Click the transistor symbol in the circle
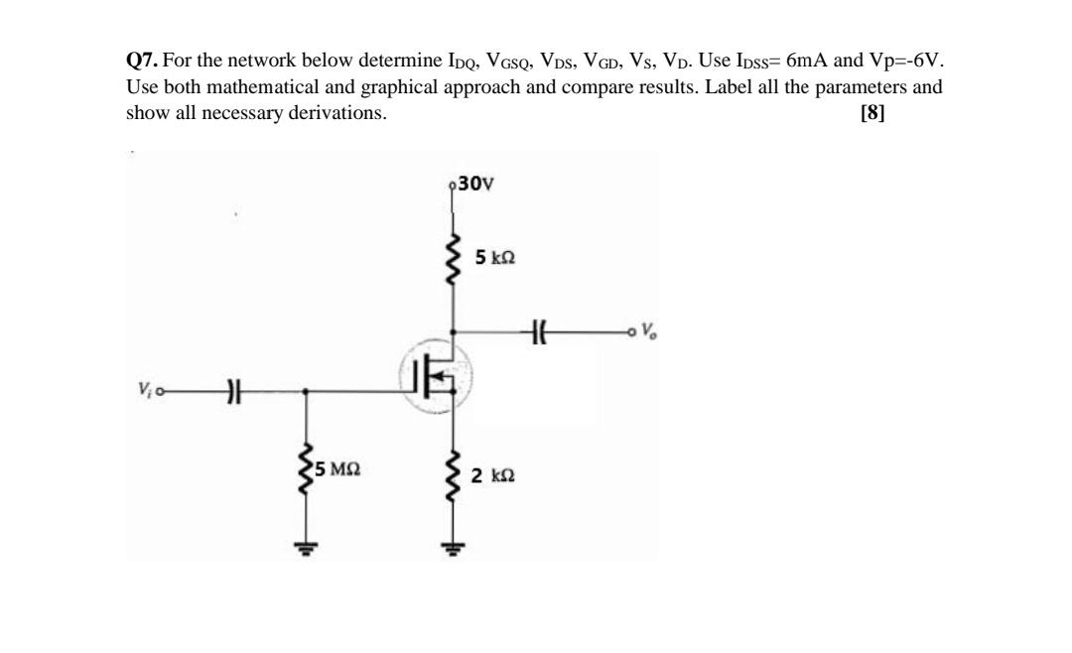click(436, 378)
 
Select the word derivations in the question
click(337, 113)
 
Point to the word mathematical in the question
click(267, 86)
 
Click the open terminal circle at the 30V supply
click(454, 186)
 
